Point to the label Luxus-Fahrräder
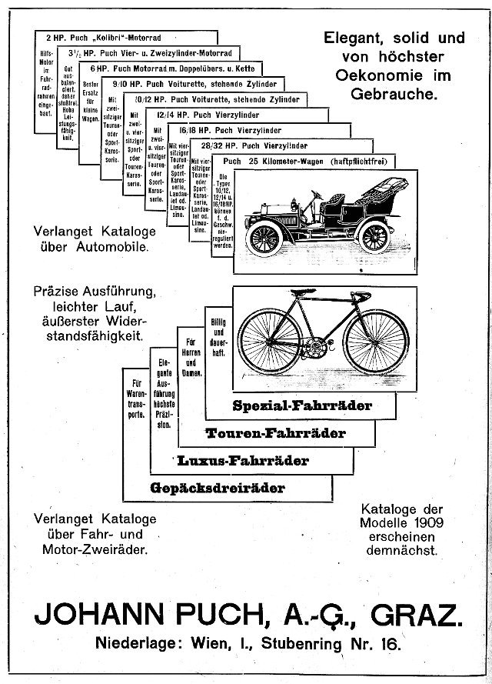(243, 461)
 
